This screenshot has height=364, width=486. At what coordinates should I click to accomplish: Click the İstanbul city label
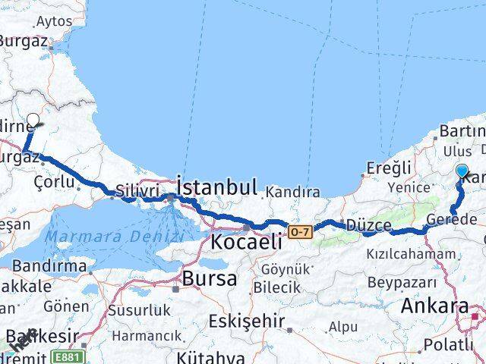click(x=216, y=186)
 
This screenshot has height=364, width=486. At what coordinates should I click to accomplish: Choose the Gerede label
click(x=452, y=220)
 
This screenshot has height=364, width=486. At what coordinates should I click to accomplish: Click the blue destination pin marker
click(x=462, y=171)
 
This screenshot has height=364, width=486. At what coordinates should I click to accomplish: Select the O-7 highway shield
click(x=299, y=230)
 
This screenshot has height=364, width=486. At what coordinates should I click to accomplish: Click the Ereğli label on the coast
click(x=388, y=167)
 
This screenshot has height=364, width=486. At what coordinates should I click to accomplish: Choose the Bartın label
click(x=460, y=131)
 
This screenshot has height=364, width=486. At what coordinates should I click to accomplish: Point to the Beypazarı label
click(x=403, y=282)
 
